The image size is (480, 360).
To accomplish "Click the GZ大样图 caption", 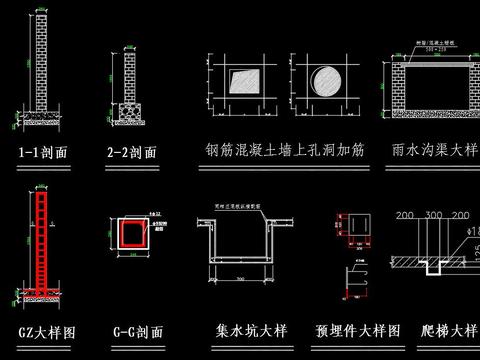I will (x=41, y=330).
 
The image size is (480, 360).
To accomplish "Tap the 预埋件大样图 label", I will (x=357, y=330).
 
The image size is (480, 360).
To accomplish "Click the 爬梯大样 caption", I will (x=449, y=330).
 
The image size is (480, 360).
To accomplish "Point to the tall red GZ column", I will (x=41, y=250).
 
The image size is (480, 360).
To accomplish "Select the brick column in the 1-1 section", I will (x=41, y=60).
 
